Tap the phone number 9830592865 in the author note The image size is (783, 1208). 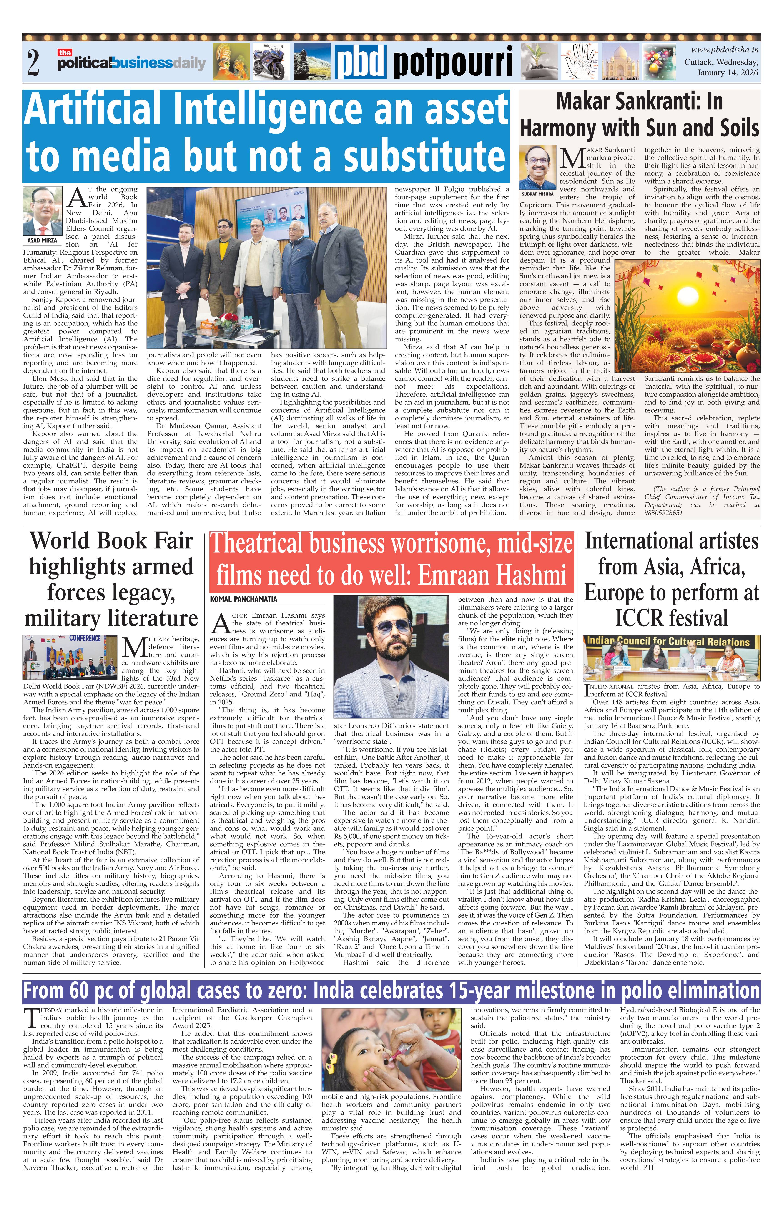coord(663,513)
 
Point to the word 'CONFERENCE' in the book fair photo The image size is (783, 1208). coord(85,638)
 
